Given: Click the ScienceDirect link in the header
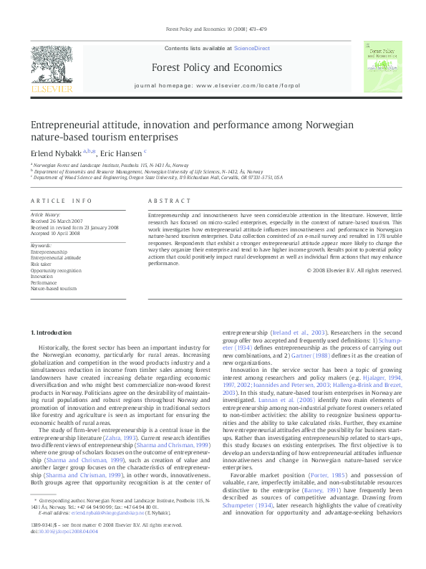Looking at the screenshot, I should [x=251, y=47].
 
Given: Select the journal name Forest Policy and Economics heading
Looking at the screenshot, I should [x=213, y=67].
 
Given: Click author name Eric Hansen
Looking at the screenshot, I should [x=120, y=152].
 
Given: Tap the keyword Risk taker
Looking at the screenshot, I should [x=40, y=263].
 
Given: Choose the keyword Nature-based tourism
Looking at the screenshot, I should [x=54, y=288].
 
